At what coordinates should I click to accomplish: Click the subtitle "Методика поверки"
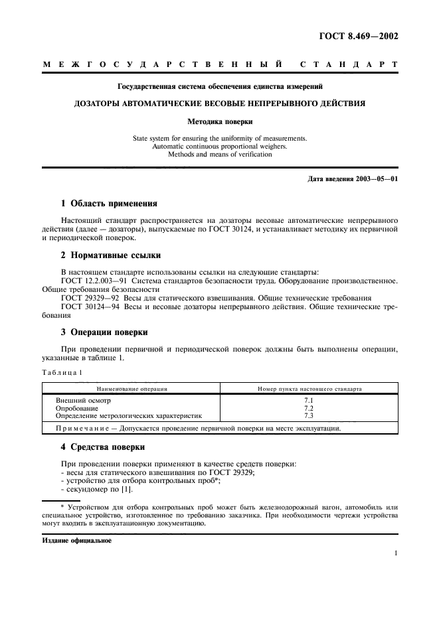[219, 121]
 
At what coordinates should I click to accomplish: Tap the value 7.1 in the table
[308, 401]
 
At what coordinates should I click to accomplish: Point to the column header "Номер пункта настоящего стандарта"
[309, 388]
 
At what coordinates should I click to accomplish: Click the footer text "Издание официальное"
[77, 540]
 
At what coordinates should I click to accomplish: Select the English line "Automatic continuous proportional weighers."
[219, 147]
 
